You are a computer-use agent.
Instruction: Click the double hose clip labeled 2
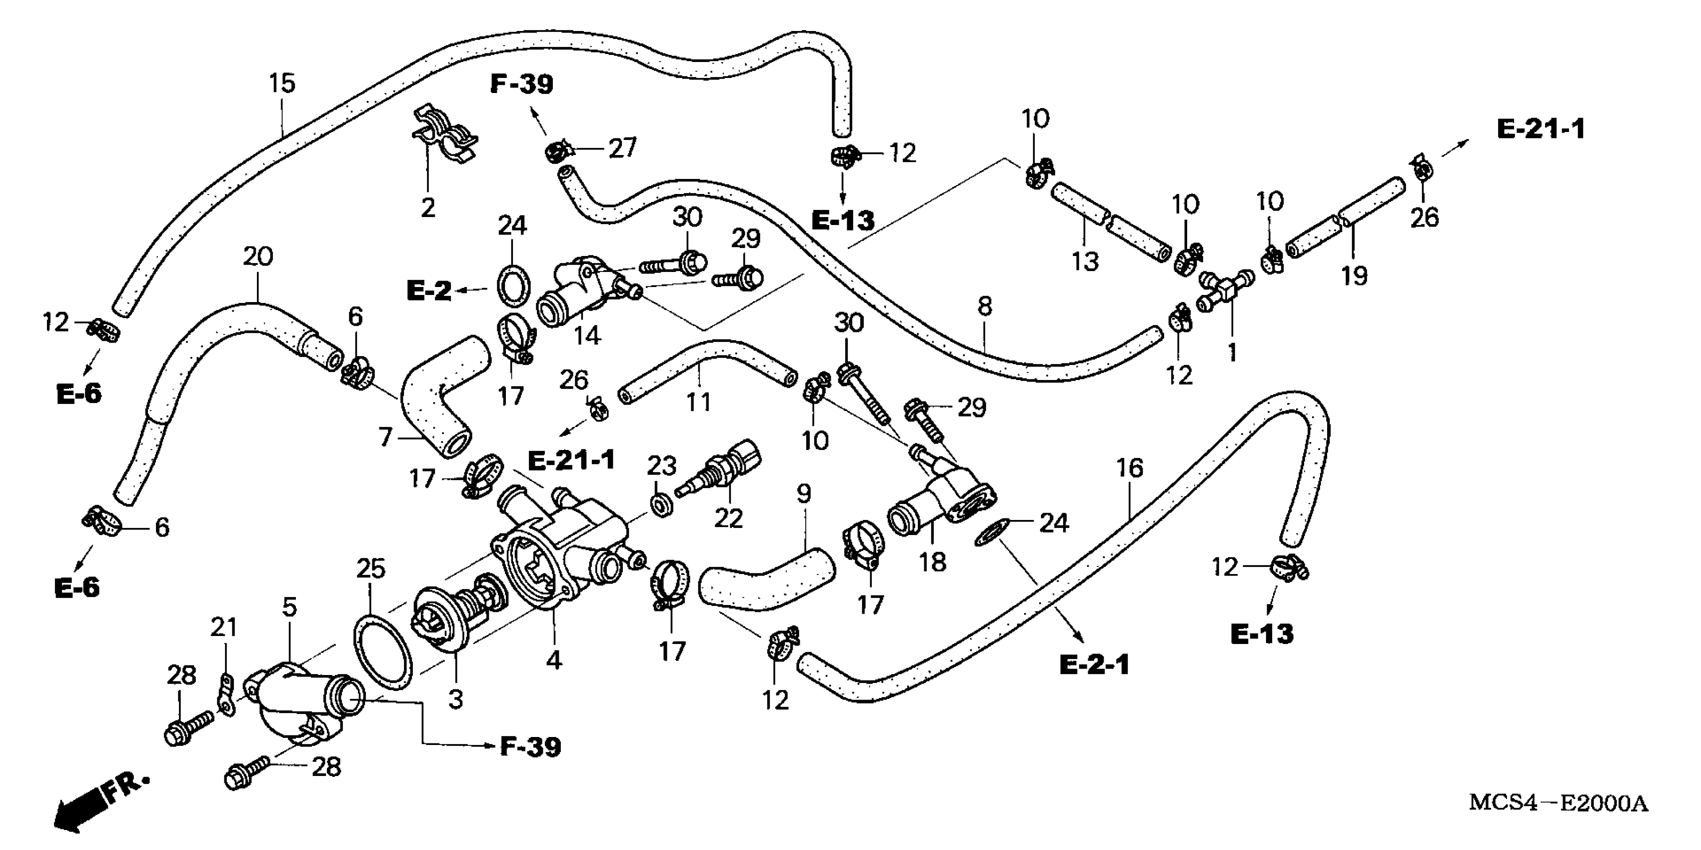443,140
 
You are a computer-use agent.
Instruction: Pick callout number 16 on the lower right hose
1129,468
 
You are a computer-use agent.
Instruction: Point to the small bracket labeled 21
226,693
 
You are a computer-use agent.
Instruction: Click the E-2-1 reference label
1094,665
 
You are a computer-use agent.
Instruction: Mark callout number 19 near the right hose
1354,275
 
